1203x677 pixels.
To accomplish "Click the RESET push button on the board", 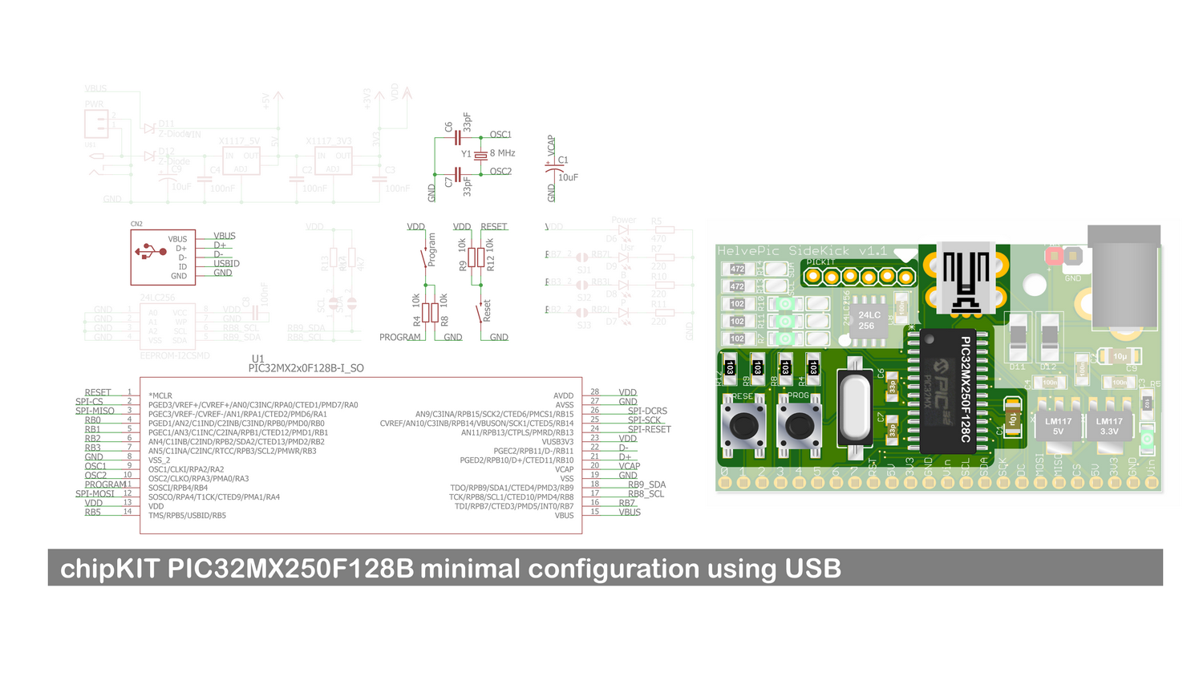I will pyautogui.click(x=743, y=427).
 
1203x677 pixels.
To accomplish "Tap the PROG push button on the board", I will pyautogui.click(x=799, y=427).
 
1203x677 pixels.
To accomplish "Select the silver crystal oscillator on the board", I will pyautogui.click(x=855, y=408).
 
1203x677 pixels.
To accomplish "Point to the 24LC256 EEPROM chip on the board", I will pyautogui.click(x=868, y=320).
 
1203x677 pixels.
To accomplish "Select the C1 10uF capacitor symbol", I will pyautogui.click(x=552, y=168).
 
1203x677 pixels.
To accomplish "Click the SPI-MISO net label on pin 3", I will pyautogui.click(x=95, y=411).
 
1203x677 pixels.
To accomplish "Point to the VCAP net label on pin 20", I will pyautogui.click(x=629, y=466).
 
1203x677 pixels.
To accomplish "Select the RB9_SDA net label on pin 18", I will pyautogui.click(x=646, y=484).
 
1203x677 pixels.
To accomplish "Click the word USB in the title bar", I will pyautogui.click(x=812, y=569).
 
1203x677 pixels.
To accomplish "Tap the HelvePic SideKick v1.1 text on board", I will pyautogui.click(x=801, y=251).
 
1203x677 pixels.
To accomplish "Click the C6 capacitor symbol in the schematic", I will pyautogui.click(x=457, y=138).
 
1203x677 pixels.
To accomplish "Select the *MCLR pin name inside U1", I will pyautogui.click(x=160, y=395).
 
